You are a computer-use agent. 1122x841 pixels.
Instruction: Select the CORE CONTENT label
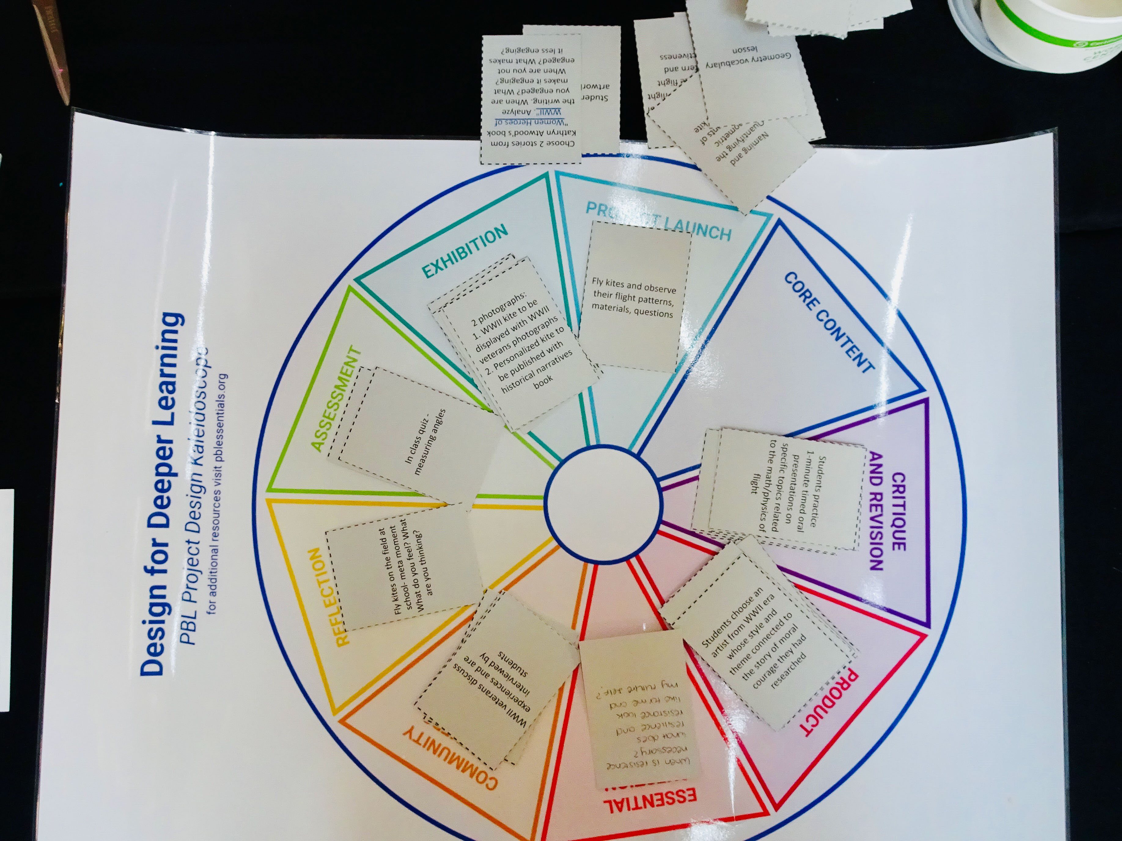tap(828, 323)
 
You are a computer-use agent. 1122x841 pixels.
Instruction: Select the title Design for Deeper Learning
tap(161, 494)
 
